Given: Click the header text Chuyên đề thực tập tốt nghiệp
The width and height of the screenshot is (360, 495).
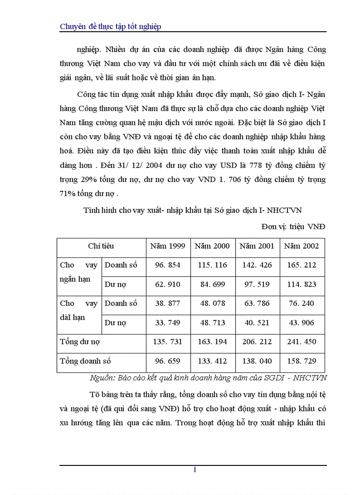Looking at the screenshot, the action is tap(110, 27).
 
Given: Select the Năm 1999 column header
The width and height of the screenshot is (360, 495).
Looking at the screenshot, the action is tap(168, 246).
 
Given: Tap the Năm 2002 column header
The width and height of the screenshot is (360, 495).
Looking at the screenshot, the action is tap(301, 246).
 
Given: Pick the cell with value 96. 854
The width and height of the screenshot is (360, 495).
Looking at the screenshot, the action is tap(168, 265).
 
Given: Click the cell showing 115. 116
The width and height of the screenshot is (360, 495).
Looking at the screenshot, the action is tap(212, 265).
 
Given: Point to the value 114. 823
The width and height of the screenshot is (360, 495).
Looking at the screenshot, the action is tap(301, 284).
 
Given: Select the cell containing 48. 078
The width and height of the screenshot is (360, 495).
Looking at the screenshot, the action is tap(212, 303).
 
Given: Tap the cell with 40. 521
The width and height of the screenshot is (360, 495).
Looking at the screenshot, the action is tap(257, 323).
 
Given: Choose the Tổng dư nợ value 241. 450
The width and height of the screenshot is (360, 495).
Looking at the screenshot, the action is tap(301, 342).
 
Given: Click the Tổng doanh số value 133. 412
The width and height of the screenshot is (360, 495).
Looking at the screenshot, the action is tap(212, 361).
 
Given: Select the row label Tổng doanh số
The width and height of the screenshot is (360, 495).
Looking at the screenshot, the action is tap(85, 361).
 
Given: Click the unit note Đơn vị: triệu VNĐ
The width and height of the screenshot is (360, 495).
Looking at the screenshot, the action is tap(293, 227).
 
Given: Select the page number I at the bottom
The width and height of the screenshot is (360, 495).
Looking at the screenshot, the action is tap(195, 470).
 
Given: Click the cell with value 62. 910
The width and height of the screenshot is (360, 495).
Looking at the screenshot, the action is tap(168, 284).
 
